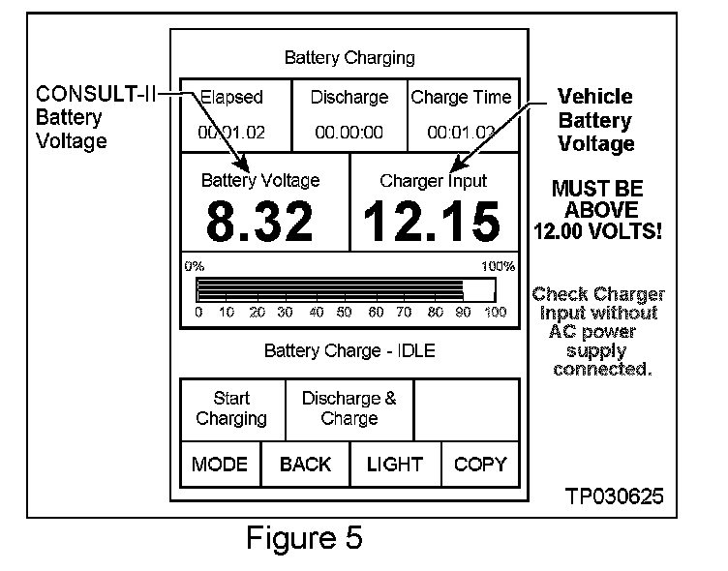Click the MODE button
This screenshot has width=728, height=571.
tap(220, 465)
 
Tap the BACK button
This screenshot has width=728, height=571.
tap(305, 465)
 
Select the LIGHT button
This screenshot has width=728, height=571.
tap(394, 465)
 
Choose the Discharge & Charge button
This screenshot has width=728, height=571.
tap(349, 408)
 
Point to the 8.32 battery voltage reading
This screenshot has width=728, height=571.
tap(259, 222)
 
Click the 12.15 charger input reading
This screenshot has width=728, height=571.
tap(432, 222)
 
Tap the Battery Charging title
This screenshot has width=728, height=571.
tap(349, 58)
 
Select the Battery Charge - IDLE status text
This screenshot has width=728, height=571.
tap(349, 350)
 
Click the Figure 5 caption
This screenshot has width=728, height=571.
tap(304, 537)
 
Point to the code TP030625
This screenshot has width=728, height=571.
tap(615, 497)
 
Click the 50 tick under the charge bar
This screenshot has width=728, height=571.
tap(345, 313)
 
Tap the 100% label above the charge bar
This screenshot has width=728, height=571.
tap(499, 266)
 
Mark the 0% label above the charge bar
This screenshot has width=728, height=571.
tap(194, 266)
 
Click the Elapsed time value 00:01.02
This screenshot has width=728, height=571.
tap(231, 132)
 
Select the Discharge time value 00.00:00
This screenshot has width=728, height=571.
tap(349, 132)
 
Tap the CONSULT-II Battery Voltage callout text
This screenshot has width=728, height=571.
tap(96, 118)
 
